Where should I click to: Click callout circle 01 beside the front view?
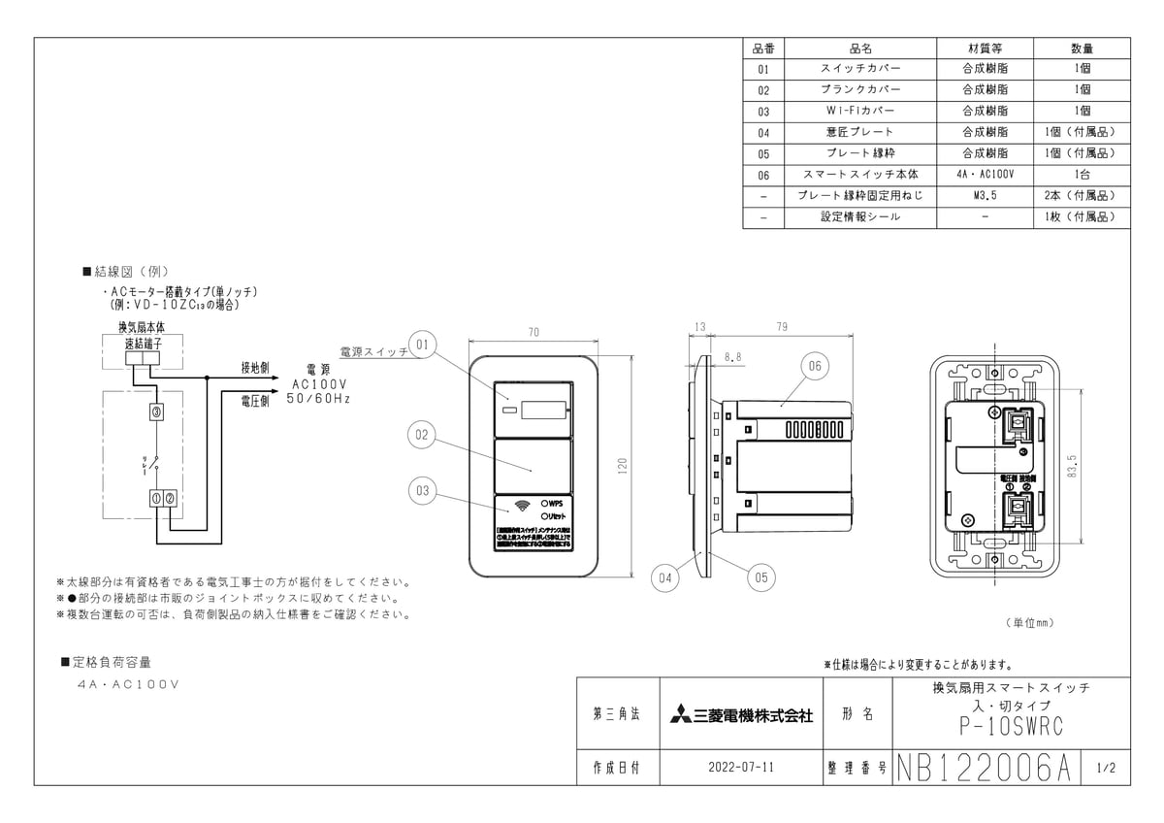(423, 344)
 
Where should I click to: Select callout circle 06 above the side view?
(813, 365)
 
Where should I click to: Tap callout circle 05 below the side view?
(760, 576)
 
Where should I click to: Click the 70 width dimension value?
(533, 333)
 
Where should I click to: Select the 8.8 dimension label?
(732, 357)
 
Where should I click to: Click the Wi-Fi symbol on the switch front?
(521, 505)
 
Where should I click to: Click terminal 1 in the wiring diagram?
(155, 498)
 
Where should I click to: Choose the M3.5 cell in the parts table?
(985, 196)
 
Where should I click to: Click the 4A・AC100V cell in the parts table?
(985, 175)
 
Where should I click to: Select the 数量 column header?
(1082, 48)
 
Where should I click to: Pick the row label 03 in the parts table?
(763, 112)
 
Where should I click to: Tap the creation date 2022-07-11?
(741, 767)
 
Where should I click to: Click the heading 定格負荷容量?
(113, 662)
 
